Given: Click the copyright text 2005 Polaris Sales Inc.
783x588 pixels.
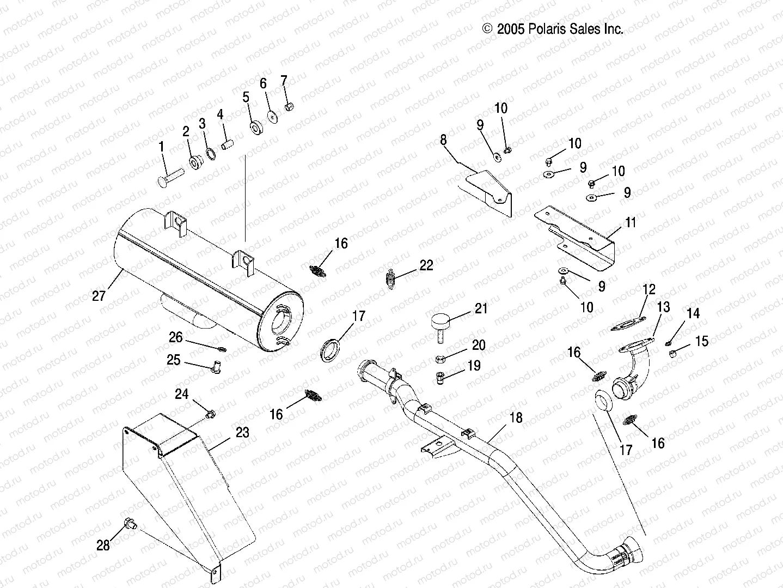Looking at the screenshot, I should (x=553, y=29).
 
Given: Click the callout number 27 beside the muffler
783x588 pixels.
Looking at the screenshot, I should (x=99, y=296).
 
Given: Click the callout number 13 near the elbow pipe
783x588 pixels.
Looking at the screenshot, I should (x=663, y=307).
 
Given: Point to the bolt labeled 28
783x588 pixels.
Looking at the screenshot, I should (x=130, y=524).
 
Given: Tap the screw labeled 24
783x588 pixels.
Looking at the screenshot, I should (x=210, y=415).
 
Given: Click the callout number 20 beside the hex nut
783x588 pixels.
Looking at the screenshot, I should (x=478, y=345).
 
